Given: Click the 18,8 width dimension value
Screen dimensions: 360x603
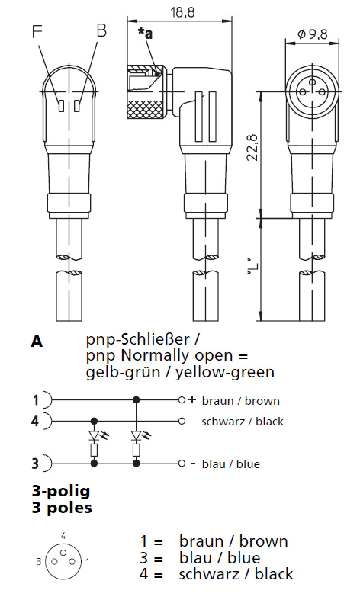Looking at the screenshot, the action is [183, 12].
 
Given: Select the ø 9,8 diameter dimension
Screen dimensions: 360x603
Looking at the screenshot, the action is [312, 34].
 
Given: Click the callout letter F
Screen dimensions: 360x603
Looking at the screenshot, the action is [37, 31].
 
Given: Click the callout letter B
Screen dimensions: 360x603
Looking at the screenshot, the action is [101, 30].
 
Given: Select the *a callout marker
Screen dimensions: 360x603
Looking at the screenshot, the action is [145, 34].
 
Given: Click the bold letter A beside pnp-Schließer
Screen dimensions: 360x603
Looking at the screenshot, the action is [37, 341].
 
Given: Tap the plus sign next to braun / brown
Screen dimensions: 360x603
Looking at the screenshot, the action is [192, 400].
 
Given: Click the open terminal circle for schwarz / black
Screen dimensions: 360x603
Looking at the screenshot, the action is [182, 421].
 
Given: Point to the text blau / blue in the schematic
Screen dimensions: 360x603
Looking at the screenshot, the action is [231, 463].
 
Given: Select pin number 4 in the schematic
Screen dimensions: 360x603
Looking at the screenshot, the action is [35, 421].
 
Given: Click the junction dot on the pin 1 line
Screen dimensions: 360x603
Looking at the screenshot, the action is [136, 400].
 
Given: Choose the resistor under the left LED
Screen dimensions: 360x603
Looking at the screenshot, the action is [94, 450].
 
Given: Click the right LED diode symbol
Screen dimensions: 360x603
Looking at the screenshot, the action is [136, 435].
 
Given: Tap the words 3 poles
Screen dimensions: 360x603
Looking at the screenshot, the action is [62, 508].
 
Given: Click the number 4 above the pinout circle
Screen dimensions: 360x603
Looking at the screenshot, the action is [64, 535].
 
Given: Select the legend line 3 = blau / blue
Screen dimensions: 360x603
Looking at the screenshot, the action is [200, 557].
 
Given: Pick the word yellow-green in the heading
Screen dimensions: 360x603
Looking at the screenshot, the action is [225, 372].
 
